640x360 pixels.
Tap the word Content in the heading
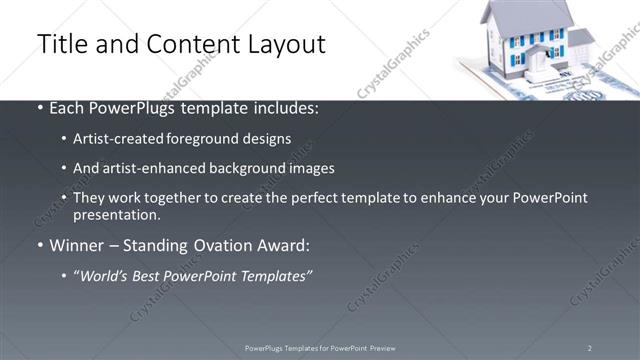[x=187, y=45]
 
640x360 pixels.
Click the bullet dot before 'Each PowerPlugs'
[x=39, y=108]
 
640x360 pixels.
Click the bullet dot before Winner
[x=39, y=245]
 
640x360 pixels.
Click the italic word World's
[x=107, y=275]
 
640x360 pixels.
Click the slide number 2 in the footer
[x=590, y=348]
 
